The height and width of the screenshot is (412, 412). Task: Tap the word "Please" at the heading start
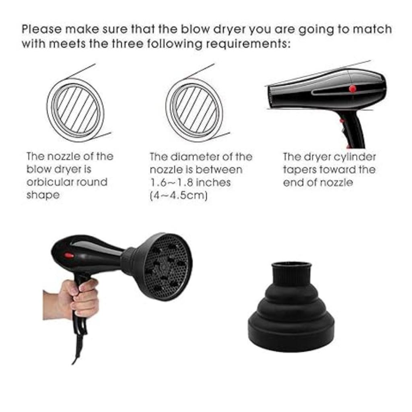point(41,30)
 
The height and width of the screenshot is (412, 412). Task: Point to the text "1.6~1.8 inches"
point(190,182)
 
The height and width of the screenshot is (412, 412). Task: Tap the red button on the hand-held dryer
point(69,255)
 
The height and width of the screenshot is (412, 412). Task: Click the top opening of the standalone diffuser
point(292,266)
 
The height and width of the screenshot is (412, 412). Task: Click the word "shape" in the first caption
point(43,195)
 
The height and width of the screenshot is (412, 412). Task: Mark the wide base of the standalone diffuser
point(291,334)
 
